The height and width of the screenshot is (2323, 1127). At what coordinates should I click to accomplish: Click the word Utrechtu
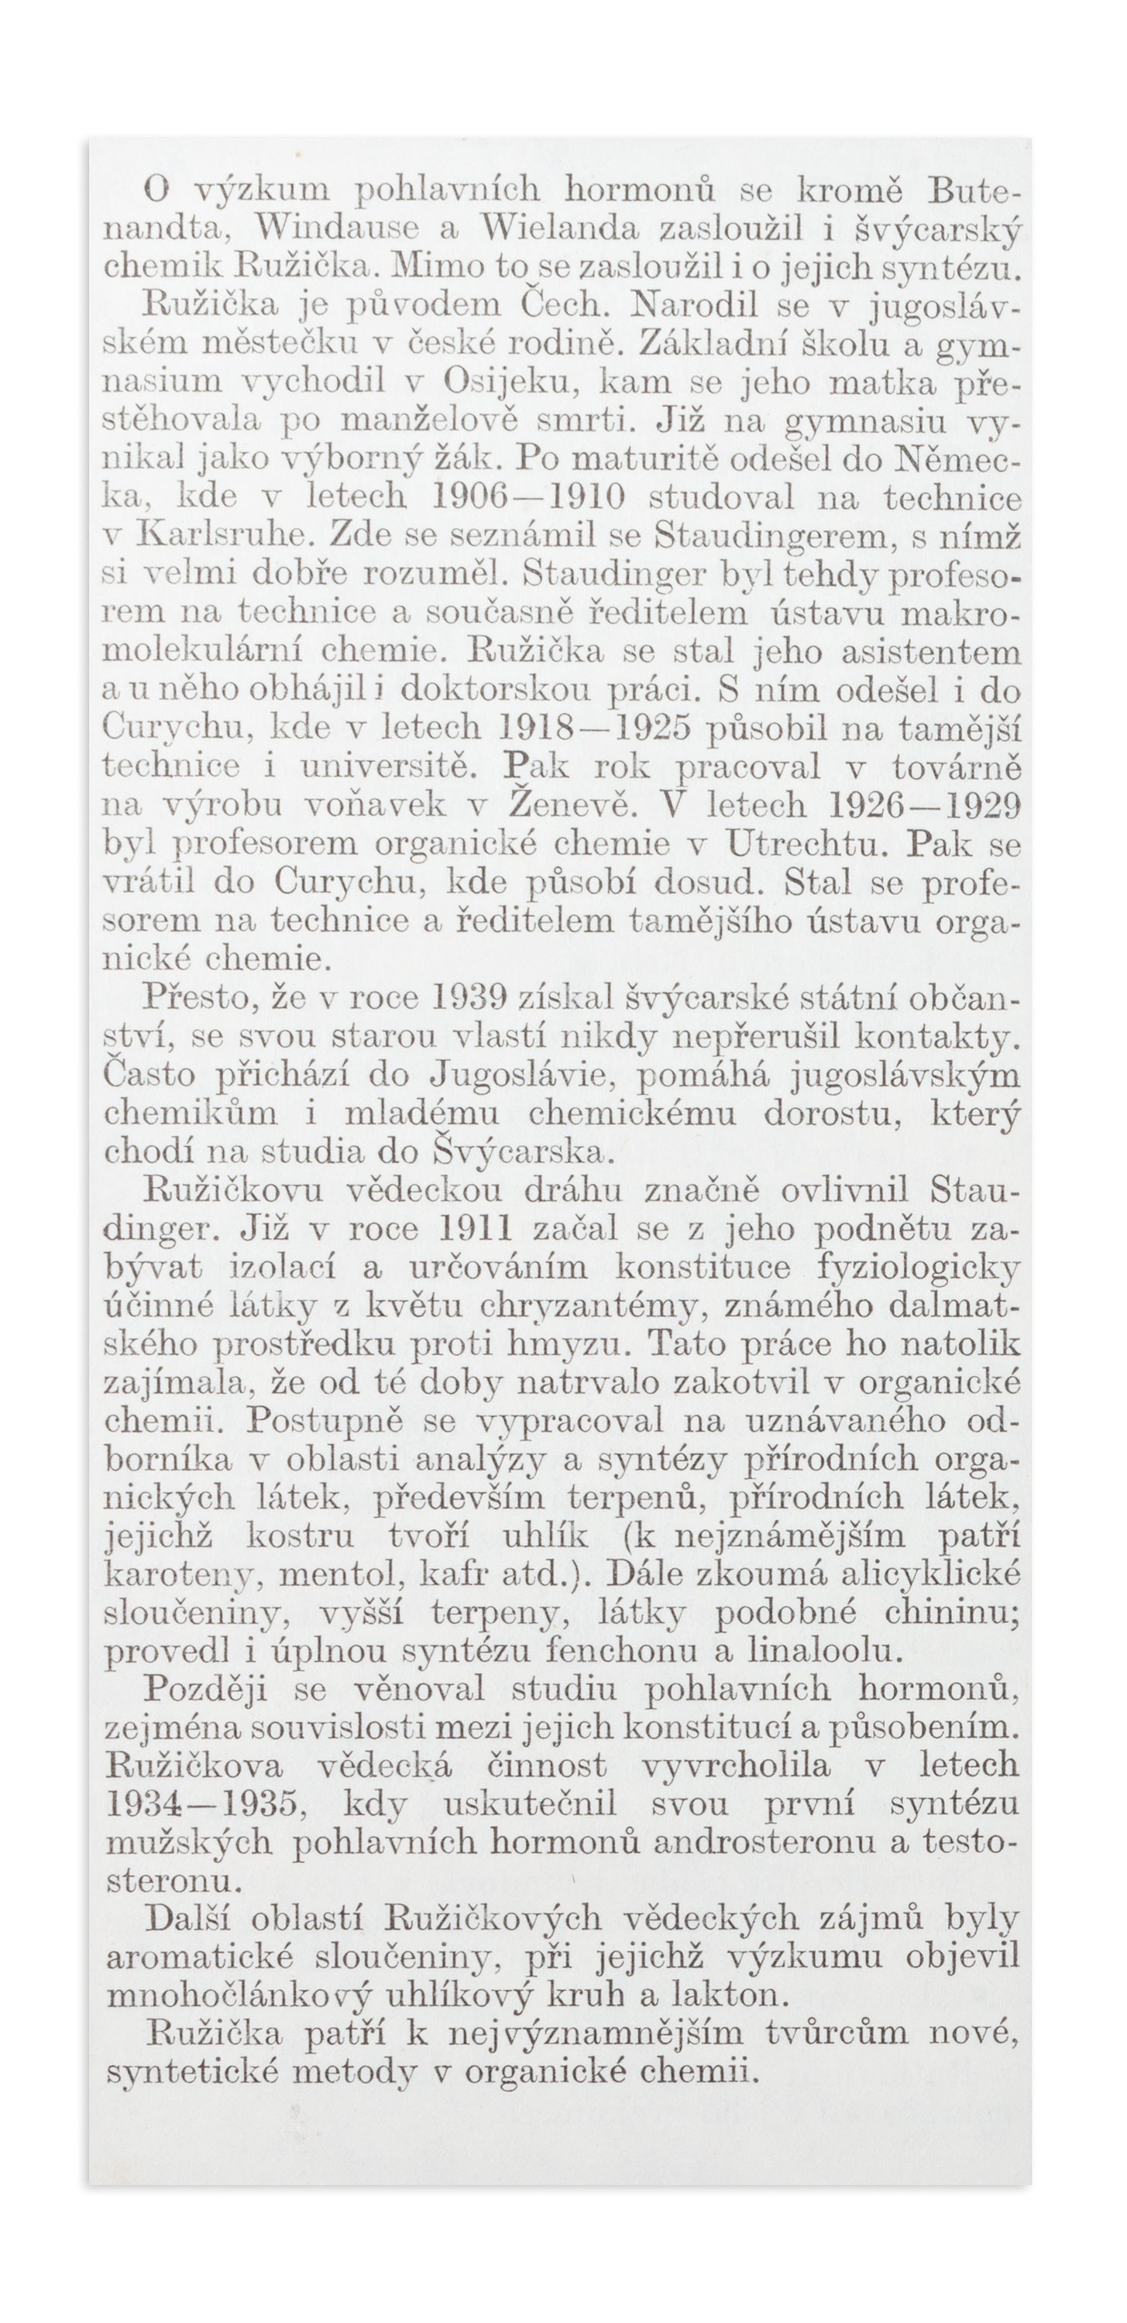click(x=810, y=843)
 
